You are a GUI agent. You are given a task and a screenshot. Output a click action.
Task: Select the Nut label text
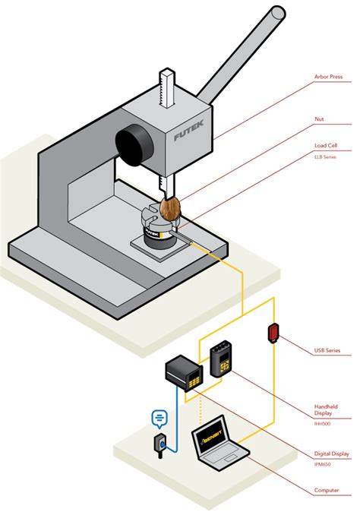point(320,119)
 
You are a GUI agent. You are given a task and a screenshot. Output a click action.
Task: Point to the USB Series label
point(330,351)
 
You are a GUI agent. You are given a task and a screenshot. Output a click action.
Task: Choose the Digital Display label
point(331,454)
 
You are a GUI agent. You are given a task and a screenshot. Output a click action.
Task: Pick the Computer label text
point(327,491)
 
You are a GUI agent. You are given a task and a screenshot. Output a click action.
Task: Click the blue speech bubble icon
point(159,417)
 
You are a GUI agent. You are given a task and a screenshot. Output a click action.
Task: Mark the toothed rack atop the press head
point(166,87)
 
